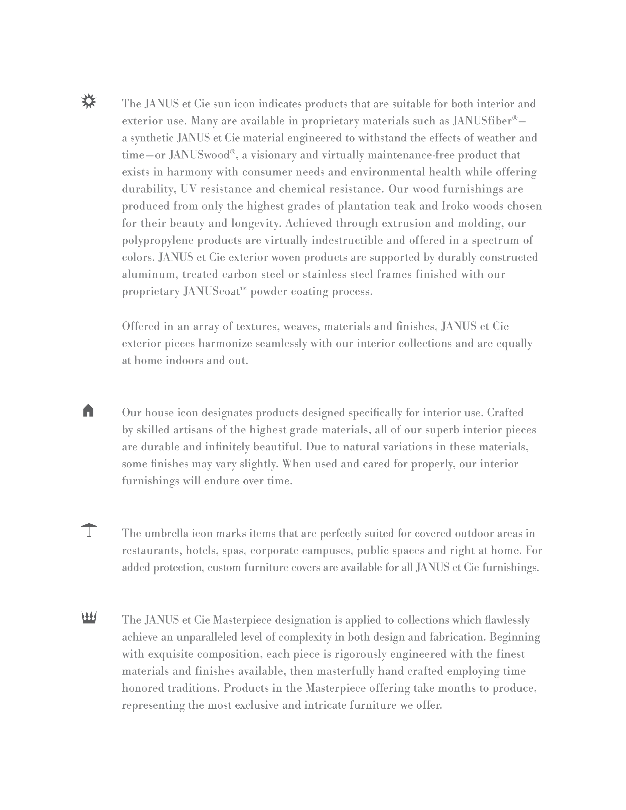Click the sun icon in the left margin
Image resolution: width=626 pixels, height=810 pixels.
(89, 101)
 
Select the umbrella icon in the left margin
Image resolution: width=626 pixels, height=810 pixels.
(89, 529)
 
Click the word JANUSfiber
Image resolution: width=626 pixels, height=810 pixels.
(482, 121)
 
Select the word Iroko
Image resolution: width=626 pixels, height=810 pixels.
(454, 206)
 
